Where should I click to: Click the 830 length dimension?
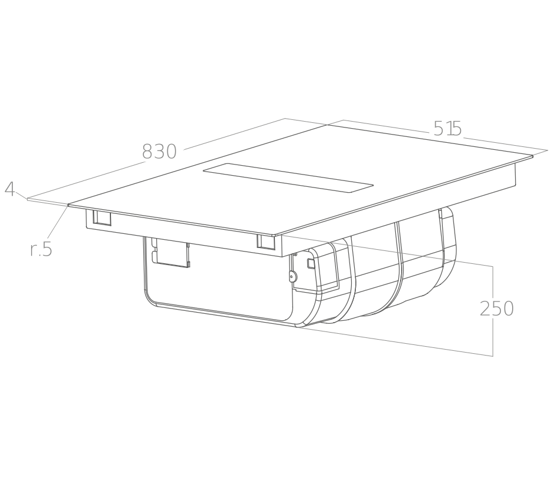(x=159, y=151)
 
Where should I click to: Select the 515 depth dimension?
(x=448, y=128)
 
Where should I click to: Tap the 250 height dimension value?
(x=497, y=309)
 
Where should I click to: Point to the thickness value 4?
(x=10, y=189)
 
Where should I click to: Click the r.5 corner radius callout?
(x=42, y=249)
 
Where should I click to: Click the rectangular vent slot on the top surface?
(x=288, y=178)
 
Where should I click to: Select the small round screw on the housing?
(x=291, y=277)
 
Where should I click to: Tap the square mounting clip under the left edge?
(x=102, y=219)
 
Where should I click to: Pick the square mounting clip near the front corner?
(x=266, y=241)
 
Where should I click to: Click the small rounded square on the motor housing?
(x=311, y=263)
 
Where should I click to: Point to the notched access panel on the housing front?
(x=170, y=252)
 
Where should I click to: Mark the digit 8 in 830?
(x=147, y=152)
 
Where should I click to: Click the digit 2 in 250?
(x=485, y=309)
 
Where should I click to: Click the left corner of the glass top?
(x=69, y=205)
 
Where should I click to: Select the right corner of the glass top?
(x=532, y=156)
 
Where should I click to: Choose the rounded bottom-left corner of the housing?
(x=149, y=299)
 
